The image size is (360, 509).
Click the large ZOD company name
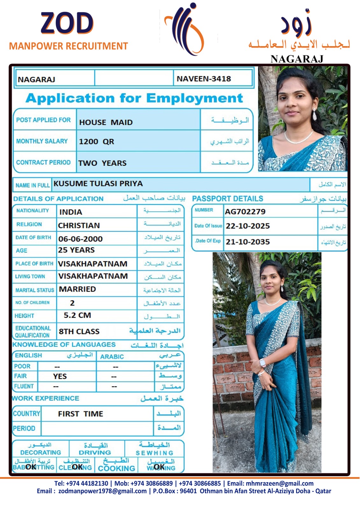click(67, 23)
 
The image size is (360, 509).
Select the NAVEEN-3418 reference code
click(204, 79)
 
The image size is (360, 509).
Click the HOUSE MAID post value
click(106, 122)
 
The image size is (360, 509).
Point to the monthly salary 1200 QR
click(96, 142)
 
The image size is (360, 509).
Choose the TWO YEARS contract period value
click(102, 163)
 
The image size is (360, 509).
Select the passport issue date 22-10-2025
click(248, 226)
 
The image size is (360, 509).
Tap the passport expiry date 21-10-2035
click(248, 242)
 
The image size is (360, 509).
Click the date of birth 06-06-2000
click(80, 239)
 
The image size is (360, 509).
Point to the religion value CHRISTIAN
click(79, 226)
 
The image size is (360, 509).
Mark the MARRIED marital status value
click(77, 289)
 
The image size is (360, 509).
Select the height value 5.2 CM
click(77, 315)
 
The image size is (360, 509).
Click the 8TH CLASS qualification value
click(79, 331)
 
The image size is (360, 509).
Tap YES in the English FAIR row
click(60, 376)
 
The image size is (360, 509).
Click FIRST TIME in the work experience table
click(81, 414)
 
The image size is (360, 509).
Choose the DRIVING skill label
click(95, 452)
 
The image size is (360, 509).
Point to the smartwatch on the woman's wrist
click(263, 363)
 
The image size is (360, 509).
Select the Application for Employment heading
click(134, 98)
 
